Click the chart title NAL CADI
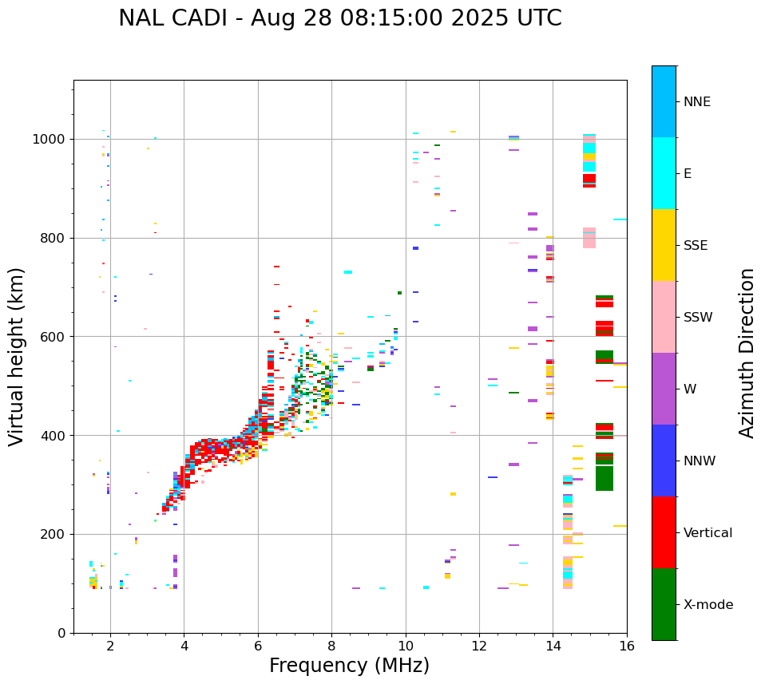(339, 18)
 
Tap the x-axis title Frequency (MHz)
(349, 666)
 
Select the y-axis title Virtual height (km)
(17, 356)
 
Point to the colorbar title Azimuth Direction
(747, 353)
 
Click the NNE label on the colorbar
(696, 102)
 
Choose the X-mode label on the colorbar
(708, 605)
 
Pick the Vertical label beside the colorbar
(708, 533)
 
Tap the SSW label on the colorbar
(698, 318)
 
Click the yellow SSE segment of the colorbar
(664, 245)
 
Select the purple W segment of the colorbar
(664, 389)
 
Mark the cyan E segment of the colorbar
(664, 173)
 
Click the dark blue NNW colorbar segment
(664, 461)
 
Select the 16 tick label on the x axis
(627, 645)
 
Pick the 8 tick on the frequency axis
(331, 645)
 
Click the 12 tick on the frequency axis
(479, 645)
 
